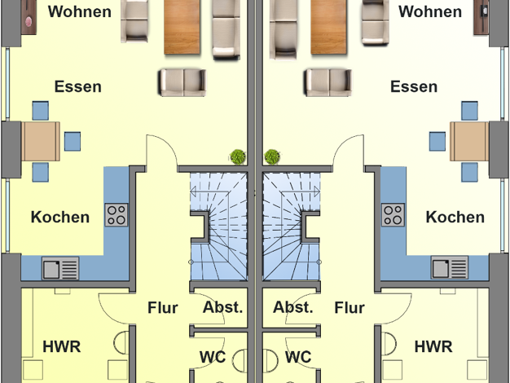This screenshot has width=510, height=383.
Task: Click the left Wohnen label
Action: click(x=79, y=12)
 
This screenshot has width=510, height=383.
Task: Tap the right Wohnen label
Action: click(x=430, y=12)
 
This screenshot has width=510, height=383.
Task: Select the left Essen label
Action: click(x=77, y=87)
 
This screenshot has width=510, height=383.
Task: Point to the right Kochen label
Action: click(x=455, y=217)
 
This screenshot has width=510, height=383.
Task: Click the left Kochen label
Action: click(x=60, y=217)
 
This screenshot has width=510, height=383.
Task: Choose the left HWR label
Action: click(x=62, y=346)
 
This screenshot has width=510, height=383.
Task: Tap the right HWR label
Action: click(x=433, y=346)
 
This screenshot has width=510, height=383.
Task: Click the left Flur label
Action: click(x=163, y=308)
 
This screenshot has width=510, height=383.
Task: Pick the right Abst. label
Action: click(x=293, y=307)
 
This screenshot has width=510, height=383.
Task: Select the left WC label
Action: click(x=213, y=357)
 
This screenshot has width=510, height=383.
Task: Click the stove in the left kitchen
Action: click(x=116, y=214)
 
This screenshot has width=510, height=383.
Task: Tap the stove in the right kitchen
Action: click(x=394, y=214)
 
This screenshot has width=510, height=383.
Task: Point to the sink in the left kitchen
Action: click(x=61, y=268)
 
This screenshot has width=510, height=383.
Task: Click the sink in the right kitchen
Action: click(x=450, y=268)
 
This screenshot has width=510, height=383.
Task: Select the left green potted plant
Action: click(x=238, y=156)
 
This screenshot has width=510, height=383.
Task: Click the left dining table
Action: click(x=41, y=141)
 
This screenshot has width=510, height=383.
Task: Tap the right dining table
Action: click(x=468, y=141)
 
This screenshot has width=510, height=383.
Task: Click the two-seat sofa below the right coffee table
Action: click(x=328, y=81)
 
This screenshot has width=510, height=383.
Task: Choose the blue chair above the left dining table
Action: click(x=40, y=110)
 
